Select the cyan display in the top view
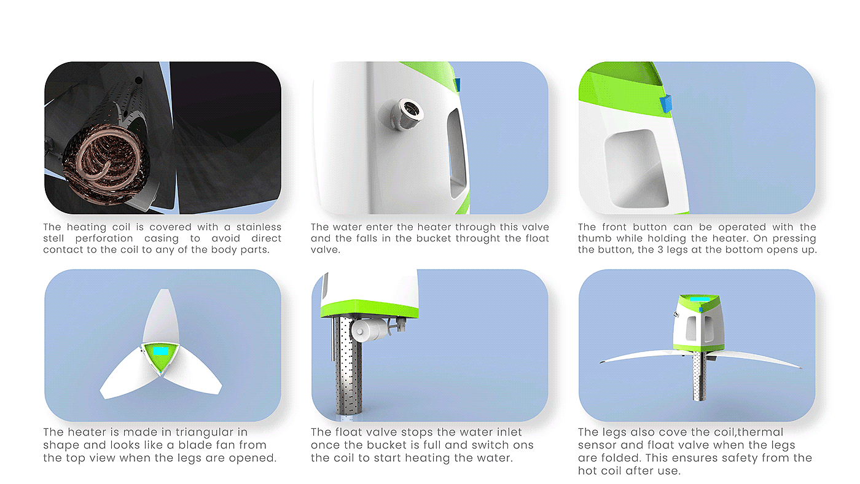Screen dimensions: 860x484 [160, 351]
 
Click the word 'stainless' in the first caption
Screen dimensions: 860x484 [259, 227]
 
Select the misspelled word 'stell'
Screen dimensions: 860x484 [53, 238]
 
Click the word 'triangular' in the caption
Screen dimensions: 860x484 [211, 432]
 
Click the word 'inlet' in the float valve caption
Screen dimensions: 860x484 [507, 432]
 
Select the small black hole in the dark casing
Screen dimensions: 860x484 [139, 80]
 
